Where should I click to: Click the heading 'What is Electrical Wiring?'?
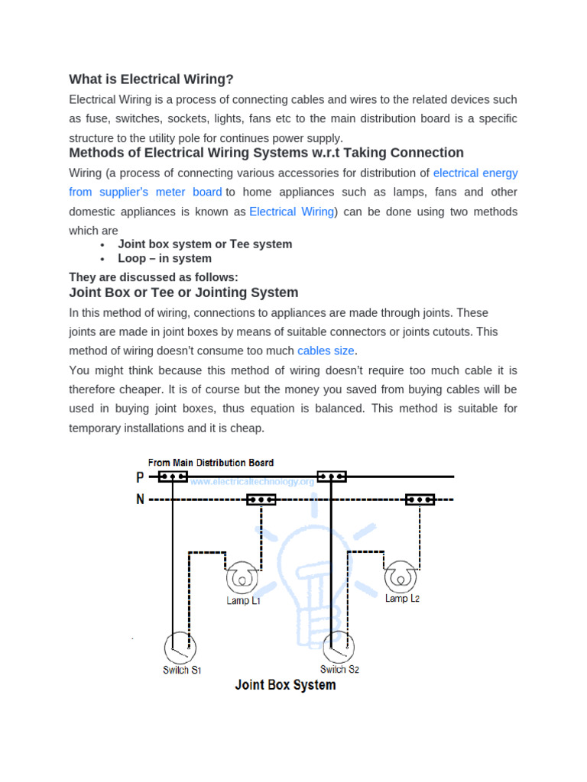(x=151, y=79)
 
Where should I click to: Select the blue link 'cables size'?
(x=326, y=351)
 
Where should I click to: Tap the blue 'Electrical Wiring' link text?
(x=292, y=212)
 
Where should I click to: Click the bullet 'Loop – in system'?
(x=164, y=258)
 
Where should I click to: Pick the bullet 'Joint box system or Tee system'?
(x=205, y=244)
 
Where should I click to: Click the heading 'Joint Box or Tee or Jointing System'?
(x=183, y=292)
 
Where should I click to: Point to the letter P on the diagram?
(x=139, y=477)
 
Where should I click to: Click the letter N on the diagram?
(x=139, y=500)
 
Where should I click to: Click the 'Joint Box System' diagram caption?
(x=285, y=685)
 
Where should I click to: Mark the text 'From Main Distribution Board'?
(x=211, y=463)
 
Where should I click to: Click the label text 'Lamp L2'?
(x=402, y=599)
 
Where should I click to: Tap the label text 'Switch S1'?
(x=182, y=671)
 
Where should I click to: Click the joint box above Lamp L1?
(x=261, y=500)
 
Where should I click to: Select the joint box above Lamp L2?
(x=420, y=499)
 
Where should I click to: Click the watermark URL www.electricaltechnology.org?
(x=252, y=483)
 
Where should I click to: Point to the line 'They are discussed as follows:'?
(x=154, y=277)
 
